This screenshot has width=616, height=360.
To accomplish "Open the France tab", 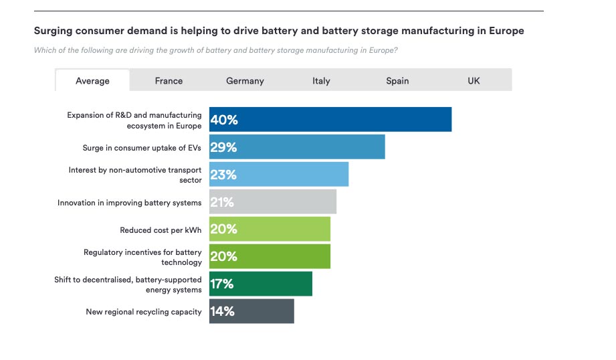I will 169,80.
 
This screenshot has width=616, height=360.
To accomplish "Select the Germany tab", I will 245,80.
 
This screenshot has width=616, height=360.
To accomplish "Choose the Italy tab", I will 321,80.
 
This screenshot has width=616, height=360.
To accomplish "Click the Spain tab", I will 397,80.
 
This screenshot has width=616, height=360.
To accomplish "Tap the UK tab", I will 474,80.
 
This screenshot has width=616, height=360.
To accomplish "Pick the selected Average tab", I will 92,80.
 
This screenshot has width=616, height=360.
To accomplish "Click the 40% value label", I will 224,120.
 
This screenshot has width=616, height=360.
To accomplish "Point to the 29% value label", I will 223,147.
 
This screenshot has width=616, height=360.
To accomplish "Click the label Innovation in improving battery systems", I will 129,202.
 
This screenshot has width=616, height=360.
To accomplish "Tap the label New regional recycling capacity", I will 144,312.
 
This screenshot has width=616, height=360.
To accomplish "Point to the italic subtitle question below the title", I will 216,50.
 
